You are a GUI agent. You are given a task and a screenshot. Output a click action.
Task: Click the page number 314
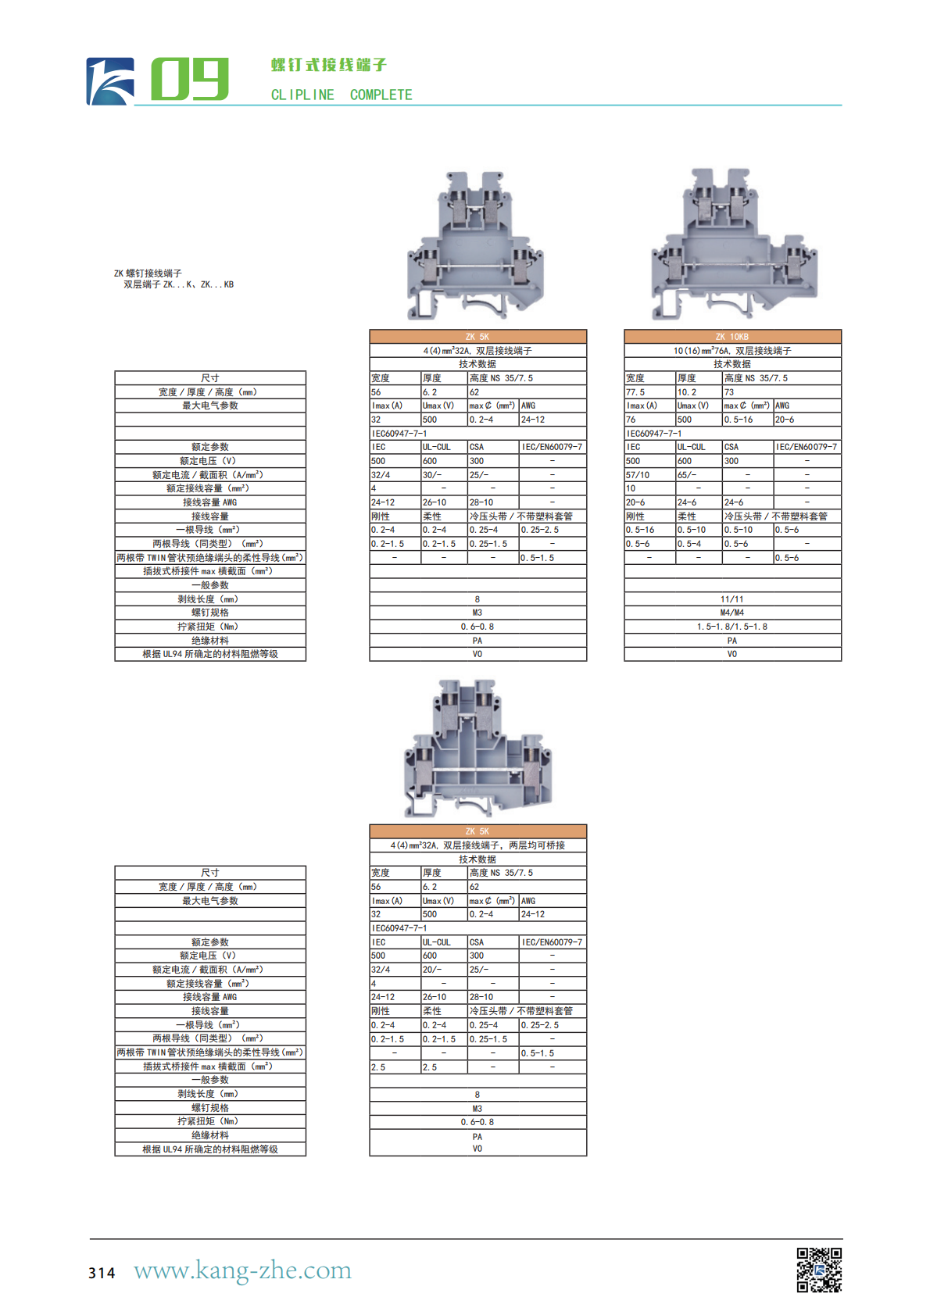102,1273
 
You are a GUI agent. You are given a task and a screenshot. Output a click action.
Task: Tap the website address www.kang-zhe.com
242,1270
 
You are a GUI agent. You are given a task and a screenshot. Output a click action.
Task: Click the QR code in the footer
818,1270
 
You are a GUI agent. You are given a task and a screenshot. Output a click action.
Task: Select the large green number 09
189,79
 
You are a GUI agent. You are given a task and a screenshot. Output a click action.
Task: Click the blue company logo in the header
109,81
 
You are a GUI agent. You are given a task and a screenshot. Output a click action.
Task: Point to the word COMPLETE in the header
381,95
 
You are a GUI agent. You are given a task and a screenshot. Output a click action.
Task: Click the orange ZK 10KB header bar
732,337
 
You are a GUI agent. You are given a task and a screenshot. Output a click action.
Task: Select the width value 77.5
635,392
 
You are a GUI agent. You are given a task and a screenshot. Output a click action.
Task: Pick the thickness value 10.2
687,392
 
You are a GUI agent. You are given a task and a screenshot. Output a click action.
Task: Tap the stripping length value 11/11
732,599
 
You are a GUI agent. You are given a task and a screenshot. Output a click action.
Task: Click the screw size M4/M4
732,613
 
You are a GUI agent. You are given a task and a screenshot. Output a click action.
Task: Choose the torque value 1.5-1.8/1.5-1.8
732,627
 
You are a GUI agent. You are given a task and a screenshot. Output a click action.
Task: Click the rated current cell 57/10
638,475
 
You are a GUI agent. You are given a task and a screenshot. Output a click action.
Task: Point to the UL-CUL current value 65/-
687,475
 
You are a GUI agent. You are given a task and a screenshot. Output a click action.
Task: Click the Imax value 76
631,420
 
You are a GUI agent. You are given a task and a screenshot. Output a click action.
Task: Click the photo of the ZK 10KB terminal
733,245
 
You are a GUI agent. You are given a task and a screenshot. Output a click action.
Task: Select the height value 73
729,392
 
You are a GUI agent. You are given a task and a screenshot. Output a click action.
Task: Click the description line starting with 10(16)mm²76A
732,351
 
